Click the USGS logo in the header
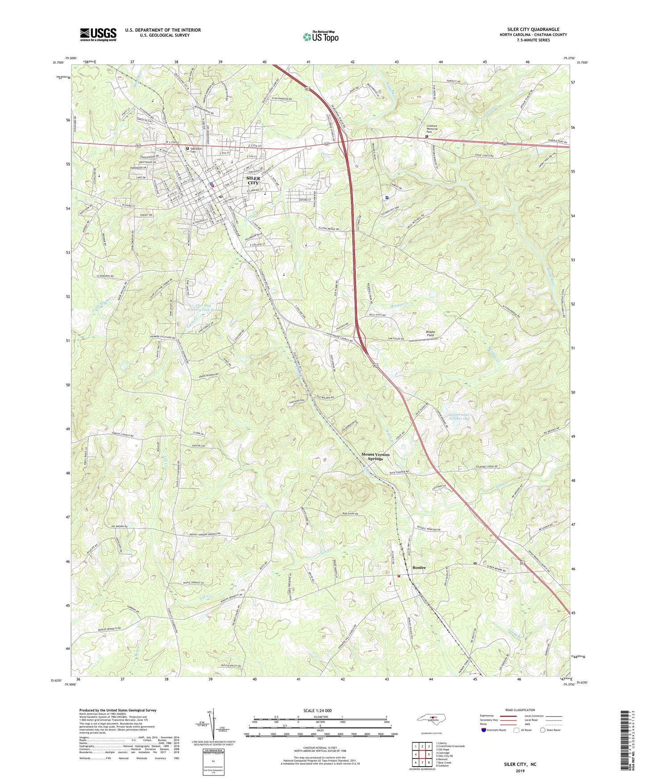point(98,34)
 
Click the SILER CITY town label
point(253,180)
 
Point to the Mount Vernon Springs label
point(375,457)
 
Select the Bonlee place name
point(419,567)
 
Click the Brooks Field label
point(430,333)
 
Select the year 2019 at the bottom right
point(520,771)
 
